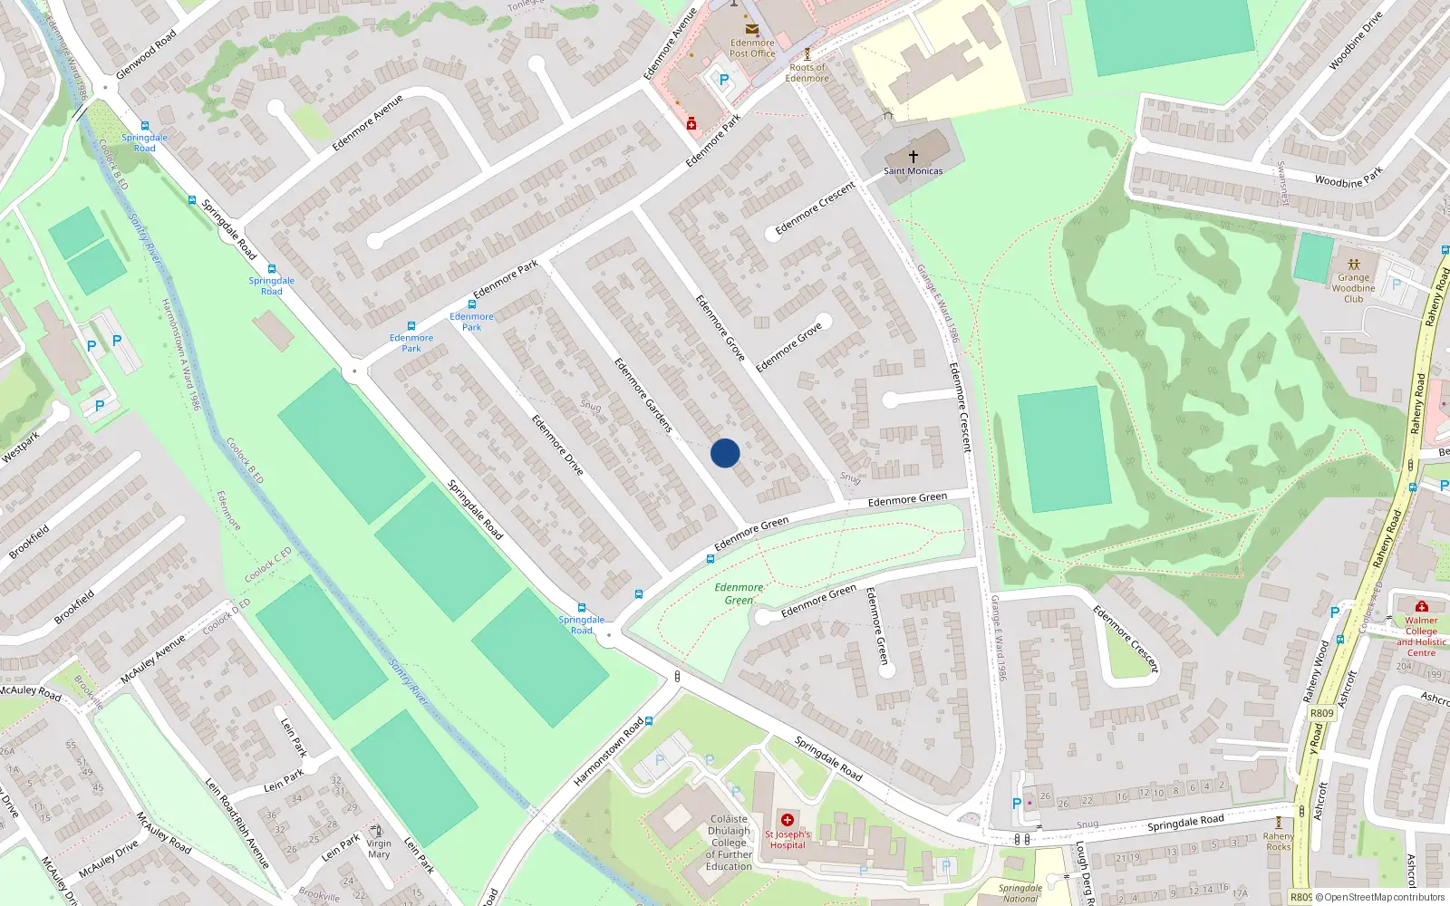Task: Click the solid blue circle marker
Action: pos(725,453)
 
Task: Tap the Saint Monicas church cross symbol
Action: pos(913,157)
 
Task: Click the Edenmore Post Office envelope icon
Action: pos(751,30)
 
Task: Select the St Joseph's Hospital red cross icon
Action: pos(788,820)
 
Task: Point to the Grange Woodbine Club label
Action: pos(1353,288)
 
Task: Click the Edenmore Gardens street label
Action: pos(643,394)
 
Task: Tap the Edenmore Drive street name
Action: pos(557,445)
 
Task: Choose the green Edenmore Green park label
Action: pos(739,593)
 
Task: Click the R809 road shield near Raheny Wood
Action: pos(1322,713)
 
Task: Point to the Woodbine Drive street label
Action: pos(1356,41)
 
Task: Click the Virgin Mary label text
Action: pos(379,849)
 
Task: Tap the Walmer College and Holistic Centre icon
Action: pos(1421,606)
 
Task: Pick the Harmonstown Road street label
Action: pos(608,752)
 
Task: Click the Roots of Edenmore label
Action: pos(807,72)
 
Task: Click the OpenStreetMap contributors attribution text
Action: pos(1384,897)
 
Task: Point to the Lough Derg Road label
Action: pos(1084,872)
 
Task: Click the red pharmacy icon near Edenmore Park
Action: pos(691,124)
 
